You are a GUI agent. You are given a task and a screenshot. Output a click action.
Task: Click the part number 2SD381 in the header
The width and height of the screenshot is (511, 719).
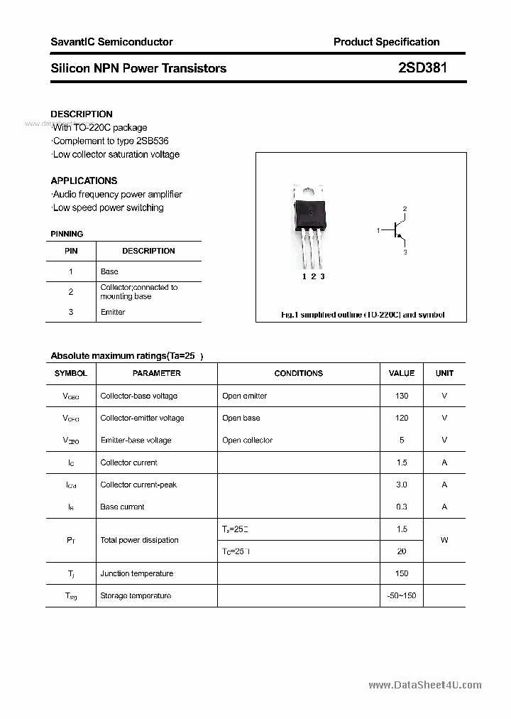(x=422, y=68)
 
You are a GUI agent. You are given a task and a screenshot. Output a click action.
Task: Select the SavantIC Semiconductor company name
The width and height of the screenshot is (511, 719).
(x=111, y=42)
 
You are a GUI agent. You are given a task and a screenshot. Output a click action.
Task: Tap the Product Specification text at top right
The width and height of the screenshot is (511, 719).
(x=386, y=42)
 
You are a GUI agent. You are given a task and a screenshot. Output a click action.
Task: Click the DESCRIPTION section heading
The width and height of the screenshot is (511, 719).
(x=82, y=114)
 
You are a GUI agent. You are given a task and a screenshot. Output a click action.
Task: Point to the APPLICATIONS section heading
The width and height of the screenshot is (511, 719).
(x=84, y=180)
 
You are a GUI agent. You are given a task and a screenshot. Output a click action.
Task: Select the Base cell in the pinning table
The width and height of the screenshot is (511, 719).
(x=109, y=271)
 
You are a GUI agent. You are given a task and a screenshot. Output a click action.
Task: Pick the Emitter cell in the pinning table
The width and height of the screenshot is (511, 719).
(x=113, y=312)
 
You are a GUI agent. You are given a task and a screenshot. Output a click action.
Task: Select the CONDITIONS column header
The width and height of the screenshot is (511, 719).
(x=298, y=373)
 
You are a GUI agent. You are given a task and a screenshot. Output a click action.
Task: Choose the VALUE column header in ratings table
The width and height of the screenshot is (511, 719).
(x=402, y=373)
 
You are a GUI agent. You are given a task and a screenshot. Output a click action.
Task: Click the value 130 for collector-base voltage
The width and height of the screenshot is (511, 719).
(x=402, y=396)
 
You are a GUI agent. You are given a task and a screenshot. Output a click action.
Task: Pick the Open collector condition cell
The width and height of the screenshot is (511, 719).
(x=247, y=440)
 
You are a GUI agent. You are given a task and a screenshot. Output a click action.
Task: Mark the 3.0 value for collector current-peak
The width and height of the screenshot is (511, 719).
(x=402, y=485)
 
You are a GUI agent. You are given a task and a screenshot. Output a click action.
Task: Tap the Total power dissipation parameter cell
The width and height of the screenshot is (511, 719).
(x=140, y=540)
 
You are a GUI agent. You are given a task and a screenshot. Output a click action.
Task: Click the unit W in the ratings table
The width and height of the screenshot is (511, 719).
(x=444, y=540)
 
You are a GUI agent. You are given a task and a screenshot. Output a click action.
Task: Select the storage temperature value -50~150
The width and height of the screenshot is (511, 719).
(x=402, y=595)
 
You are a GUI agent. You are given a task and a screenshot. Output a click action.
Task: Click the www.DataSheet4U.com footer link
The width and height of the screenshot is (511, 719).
(x=425, y=685)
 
